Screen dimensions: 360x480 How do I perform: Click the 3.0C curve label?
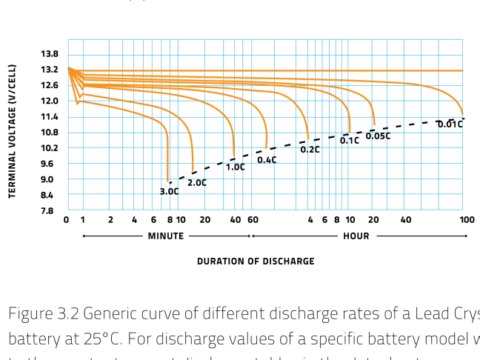coord(169,191)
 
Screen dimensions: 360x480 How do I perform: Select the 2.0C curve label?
coord(197,182)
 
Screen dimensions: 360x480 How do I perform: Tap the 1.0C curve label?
coord(235,167)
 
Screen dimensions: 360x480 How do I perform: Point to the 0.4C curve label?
coord(267,160)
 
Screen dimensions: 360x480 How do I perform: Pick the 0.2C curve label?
coord(310,150)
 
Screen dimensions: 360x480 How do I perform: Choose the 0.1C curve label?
coord(349,141)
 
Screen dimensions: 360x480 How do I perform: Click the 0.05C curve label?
coord(378,136)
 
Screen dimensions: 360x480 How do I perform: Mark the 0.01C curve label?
coord(450,124)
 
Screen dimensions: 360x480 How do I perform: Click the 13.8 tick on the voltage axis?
coord(50,54)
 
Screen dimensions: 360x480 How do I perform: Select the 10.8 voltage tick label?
coord(50,133)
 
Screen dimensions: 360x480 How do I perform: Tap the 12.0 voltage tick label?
coord(50,101)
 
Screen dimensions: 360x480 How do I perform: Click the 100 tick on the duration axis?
coord(467,220)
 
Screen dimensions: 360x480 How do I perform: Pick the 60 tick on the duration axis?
coord(253,220)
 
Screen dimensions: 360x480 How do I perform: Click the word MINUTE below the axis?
coord(166,236)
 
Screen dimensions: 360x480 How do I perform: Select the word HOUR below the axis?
coord(356,236)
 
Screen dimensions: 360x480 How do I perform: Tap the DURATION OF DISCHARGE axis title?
coord(256,261)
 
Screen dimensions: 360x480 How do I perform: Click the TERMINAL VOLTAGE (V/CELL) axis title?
coord(13,131)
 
